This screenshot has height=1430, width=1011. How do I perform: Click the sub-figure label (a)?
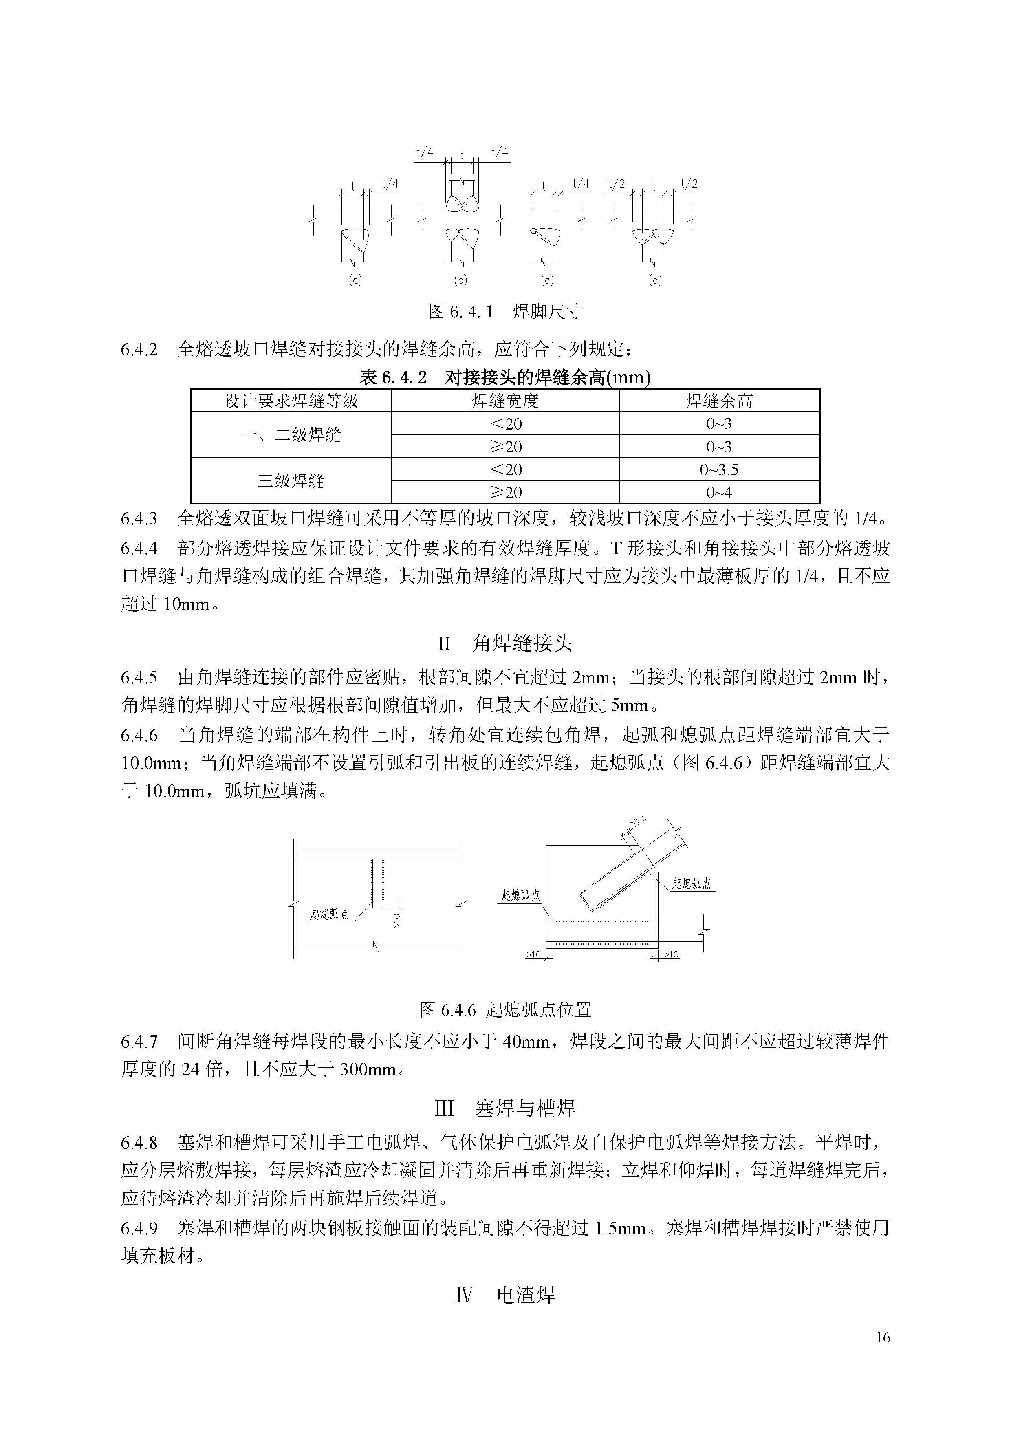click(355, 280)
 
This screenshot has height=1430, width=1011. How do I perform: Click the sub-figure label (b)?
click(460, 280)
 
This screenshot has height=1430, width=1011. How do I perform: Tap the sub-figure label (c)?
click(547, 280)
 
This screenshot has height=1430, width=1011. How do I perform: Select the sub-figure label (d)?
click(655, 280)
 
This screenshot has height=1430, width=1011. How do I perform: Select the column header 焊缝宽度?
click(504, 401)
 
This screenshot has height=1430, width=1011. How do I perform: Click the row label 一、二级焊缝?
click(291, 435)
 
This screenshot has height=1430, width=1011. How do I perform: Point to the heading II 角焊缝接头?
click(505, 643)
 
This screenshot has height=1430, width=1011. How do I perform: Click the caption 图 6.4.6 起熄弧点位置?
click(505, 1009)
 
